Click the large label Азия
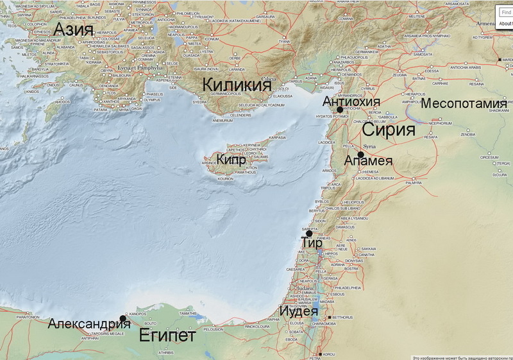click(74, 29)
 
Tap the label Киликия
click(233, 85)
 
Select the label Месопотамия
click(464, 103)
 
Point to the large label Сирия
click(389, 130)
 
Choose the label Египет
click(167, 335)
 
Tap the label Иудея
click(298, 313)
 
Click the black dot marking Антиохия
click(340, 110)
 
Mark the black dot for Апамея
click(361, 155)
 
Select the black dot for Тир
click(309, 234)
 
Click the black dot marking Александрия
click(122, 318)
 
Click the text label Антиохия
click(351, 101)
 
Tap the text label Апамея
click(368, 161)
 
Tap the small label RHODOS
click(62, 101)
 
